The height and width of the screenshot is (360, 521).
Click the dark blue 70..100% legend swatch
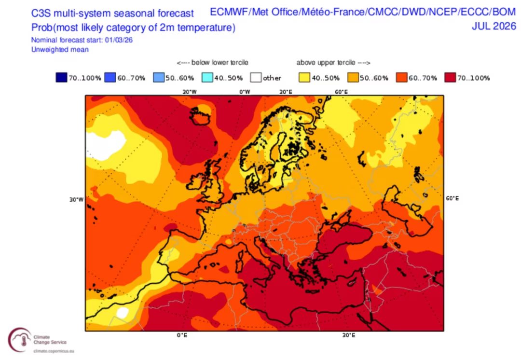[61, 78]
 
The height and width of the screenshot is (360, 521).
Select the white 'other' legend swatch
[256, 78]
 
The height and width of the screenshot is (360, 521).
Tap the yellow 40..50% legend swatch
[304, 78]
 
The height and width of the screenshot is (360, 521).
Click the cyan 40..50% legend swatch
[207, 78]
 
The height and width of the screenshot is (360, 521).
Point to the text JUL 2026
[494, 27]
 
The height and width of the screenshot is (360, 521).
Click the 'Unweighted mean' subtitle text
[60, 49]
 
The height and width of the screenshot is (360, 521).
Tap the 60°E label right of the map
[452, 198]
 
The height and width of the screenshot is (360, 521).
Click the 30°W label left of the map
[76, 199]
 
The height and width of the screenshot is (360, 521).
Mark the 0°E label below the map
[182, 335]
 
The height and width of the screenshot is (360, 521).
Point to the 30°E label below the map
[349, 335]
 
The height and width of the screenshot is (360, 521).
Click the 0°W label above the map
[244, 92]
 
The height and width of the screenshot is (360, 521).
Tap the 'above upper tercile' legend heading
[333, 63]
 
